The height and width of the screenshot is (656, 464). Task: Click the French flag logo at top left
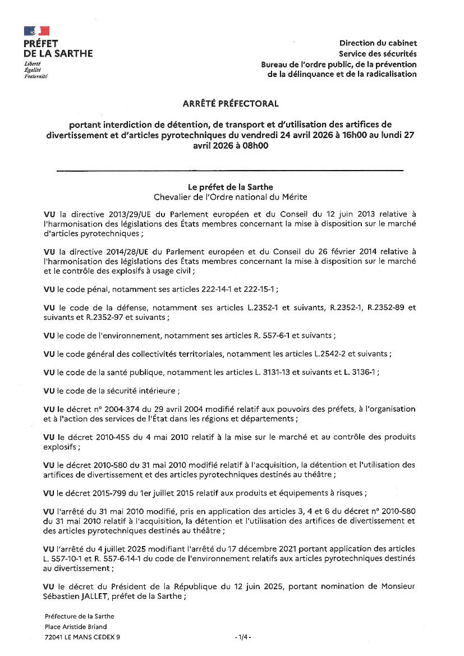click(36, 31)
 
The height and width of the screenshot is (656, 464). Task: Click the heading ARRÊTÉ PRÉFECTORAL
click(231, 104)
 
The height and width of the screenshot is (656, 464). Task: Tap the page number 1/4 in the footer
click(243, 637)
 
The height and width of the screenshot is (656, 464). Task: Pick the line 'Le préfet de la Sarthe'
click(231, 187)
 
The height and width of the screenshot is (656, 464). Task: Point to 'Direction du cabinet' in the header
click(378, 43)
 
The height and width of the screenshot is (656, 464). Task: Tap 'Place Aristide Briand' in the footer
click(76, 626)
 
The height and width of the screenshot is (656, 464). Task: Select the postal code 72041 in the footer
click(54, 637)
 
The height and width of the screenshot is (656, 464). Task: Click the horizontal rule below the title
click(231, 169)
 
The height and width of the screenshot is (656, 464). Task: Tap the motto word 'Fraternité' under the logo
click(35, 76)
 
